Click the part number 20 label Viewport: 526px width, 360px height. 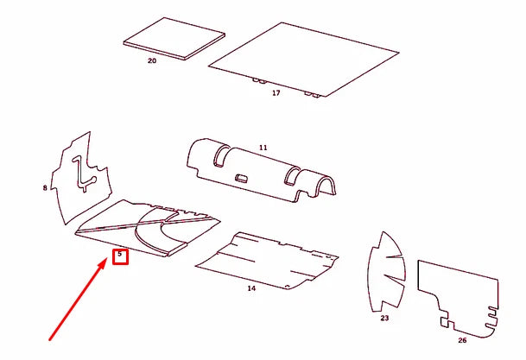(152, 60)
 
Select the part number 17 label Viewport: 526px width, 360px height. (276, 93)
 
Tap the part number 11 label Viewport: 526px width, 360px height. (263, 147)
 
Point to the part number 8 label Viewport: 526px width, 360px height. (45, 187)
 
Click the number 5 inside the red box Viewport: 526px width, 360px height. (120, 254)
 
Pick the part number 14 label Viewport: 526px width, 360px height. (251, 288)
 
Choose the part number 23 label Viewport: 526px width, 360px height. (384, 318)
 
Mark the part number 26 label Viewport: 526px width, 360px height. (462, 340)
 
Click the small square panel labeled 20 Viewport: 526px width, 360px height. (174, 39)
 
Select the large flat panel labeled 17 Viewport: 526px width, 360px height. (303, 60)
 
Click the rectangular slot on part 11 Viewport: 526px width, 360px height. (242, 178)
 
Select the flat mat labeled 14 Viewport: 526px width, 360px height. (267, 260)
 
